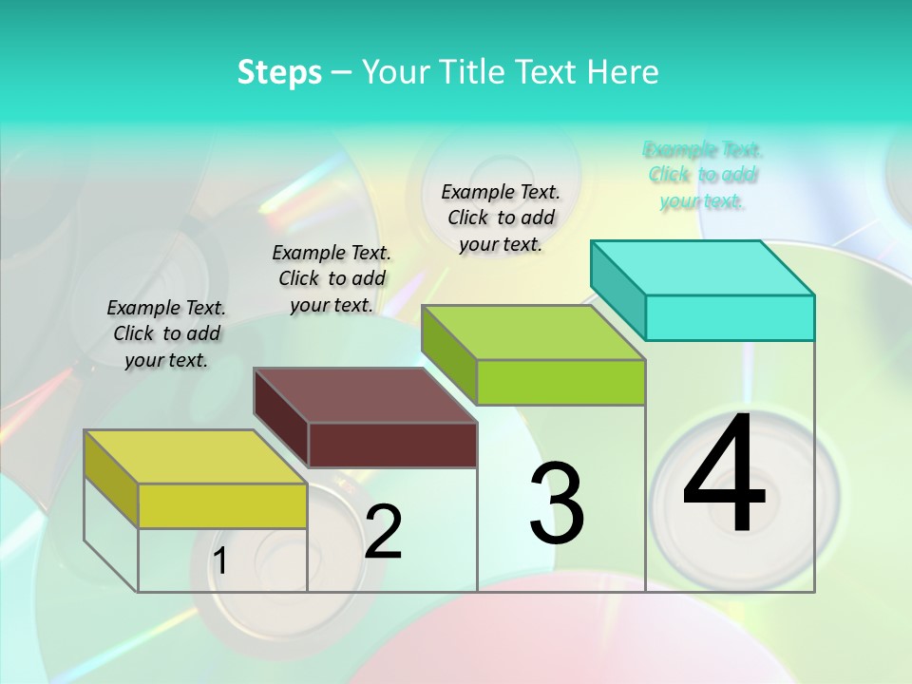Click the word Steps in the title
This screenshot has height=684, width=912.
pyautogui.click(x=279, y=72)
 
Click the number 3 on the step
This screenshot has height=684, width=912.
pyautogui.click(x=557, y=503)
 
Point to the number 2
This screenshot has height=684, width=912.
pyautogui.click(x=383, y=532)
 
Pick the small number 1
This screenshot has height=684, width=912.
pyautogui.click(x=220, y=561)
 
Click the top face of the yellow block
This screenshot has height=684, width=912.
pyautogui.click(x=196, y=456)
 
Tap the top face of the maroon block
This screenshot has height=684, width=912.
pyautogui.click(x=365, y=394)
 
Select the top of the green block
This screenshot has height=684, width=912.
pyautogui.click(x=533, y=332)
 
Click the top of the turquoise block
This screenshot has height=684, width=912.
pyautogui.click(x=702, y=267)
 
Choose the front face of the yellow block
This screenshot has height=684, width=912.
pyautogui.click(x=222, y=505)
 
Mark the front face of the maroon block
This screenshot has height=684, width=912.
pyautogui.click(x=392, y=445)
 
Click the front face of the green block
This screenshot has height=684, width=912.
pyautogui.click(x=560, y=382)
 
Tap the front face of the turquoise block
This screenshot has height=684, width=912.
pyautogui.click(x=730, y=317)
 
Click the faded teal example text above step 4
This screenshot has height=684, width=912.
pyautogui.click(x=702, y=175)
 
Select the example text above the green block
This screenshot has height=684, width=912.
pyautogui.click(x=501, y=218)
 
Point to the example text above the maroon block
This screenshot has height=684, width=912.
pyautogui.click(x=332, y=278)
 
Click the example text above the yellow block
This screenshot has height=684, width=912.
pyautogui.click(x=166, y=333)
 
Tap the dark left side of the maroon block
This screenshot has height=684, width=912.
pyautogui.click(x=281, y=417)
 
